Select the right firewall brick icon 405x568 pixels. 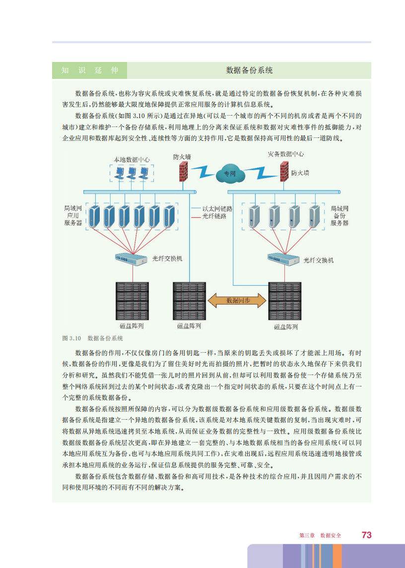coord(284,170)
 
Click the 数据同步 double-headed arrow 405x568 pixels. coord(238,301)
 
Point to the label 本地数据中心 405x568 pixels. coord(132,160)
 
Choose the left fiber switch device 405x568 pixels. coord(131,259)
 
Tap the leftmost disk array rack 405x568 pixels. coord(132,302)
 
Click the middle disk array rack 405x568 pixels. coord(189,302)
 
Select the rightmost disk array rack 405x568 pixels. coord(285,302)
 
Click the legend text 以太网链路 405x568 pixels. coord(217,209)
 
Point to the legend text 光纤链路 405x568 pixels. coord(214,216)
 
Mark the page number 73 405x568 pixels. coord(367,535)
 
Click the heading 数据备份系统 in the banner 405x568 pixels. coord(249,70)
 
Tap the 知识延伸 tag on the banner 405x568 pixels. coord(90,70)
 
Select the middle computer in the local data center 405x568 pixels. coord(132,173)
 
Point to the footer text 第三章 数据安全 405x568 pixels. coord(320,536)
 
